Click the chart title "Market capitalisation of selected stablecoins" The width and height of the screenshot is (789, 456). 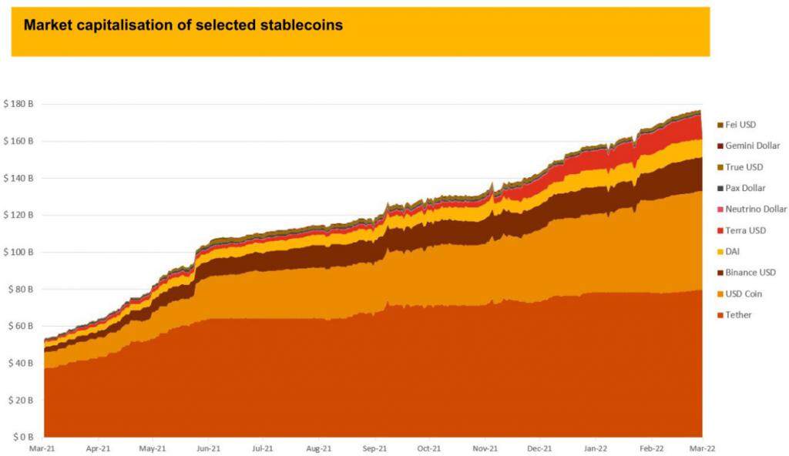pos(183,25)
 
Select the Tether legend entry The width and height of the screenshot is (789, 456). pos(737,315)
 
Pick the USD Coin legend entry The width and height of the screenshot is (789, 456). pos(743,293)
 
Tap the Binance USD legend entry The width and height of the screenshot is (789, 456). pos(750,273)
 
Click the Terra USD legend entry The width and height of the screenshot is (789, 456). pos(745,230)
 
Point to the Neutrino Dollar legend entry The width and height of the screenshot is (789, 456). pos(755,209)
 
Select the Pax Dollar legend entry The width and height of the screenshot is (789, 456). pos(745,188)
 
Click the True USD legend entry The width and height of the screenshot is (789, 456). pos(744,166)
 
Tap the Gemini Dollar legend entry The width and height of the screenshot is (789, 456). pos(752,146)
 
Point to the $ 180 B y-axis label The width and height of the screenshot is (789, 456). pos(18,104)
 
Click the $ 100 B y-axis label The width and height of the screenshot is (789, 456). pos(18,252)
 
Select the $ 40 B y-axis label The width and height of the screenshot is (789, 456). pos(19,363)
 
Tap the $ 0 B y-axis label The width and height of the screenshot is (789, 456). pos(22,437)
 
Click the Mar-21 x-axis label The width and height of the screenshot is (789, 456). pos(42,448)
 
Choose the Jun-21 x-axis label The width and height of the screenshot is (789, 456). pos(208,448)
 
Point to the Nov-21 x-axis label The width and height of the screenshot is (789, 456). pos(485,448)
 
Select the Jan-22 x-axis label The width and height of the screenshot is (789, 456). pos(596,448)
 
